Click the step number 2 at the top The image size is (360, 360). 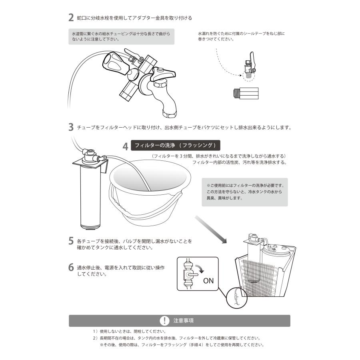tap(71, 18)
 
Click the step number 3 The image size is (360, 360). tap(71, 128)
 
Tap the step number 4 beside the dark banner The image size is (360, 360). tap(125, 147)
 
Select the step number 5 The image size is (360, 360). tap(71, 241)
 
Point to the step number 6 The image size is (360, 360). tap(71, 268)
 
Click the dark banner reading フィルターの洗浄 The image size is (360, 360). tap(175, 145)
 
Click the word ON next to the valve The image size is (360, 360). tap(208, 280)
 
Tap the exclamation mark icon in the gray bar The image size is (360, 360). tap(164, 321)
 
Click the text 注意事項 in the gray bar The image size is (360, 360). tap(184, 321)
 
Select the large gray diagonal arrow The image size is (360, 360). tap(211, 230)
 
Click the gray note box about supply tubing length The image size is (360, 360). tap(121, 36)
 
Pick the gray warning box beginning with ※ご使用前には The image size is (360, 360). tap(244, 192)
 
